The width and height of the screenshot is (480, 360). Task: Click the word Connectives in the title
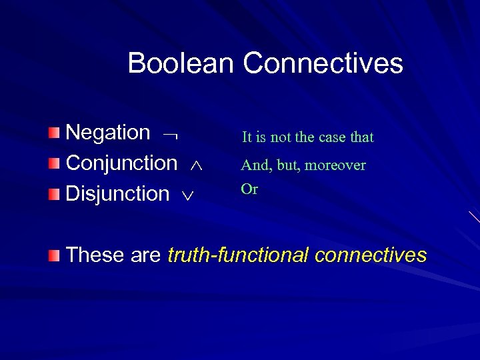tap(323, 64)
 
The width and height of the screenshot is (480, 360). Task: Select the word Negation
tap(108, 133)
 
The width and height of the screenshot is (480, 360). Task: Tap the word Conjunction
tap(122, 163)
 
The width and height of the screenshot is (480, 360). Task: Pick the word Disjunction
tap(118, 194)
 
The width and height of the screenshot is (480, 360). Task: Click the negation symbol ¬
tap(170, 135)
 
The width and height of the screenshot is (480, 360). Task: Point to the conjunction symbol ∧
tap(195, 165)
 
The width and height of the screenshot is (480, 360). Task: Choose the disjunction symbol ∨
tap(188, 196)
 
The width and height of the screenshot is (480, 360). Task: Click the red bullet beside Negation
tap(55, 133)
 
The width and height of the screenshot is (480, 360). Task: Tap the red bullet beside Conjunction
tap(55, 163)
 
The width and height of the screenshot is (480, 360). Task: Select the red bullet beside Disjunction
tap(55, 194)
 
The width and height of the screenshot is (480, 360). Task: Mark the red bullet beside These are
tap(55, 255)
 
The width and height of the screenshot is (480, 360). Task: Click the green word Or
tap(249, 189)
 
